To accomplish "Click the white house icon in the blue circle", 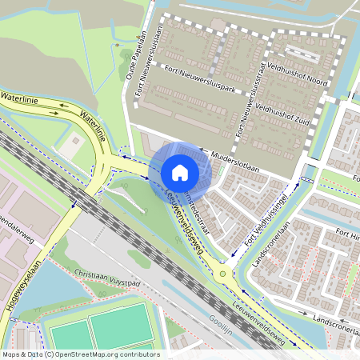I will [x=180, y=173].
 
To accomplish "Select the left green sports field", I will [x=68, y=336].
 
